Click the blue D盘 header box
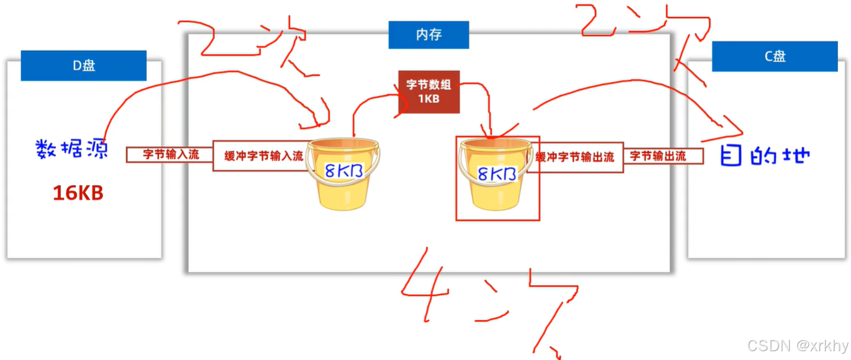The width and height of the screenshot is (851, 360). (x=83, y=65)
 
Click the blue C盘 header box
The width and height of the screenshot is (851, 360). (x=774, y=57)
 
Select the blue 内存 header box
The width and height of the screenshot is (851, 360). (x=428, y=35)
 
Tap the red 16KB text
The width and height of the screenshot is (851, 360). (x=77, y=193)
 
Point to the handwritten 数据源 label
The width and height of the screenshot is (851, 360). (x=72, y=150)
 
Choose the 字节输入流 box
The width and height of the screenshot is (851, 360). (x=171, y=154)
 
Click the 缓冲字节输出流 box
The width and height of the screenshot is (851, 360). (x=574, y=157)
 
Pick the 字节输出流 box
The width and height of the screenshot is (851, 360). (x=663, y=156)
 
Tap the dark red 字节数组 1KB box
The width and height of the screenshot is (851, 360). (x=428, y=92)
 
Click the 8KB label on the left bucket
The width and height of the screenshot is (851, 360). (x=341, y=171)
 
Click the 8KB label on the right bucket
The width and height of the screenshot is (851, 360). (x=497, y=174)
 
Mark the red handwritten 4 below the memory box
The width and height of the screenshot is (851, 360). (x=425, y=280)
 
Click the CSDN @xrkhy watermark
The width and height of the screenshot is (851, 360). (x=796, y=346)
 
